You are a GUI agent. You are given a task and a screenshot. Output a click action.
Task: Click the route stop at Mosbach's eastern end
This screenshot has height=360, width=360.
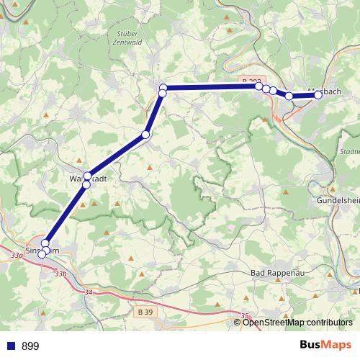(x=318, y=94)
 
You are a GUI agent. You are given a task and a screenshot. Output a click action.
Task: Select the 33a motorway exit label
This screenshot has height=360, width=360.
(x=17, y=255)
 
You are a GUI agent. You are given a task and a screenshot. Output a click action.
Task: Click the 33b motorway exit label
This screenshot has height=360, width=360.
(x=60, y=274)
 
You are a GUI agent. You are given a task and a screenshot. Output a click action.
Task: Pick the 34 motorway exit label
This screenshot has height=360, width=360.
(x=89, y=292)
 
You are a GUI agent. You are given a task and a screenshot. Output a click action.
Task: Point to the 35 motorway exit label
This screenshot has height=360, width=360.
(x=245, y=315)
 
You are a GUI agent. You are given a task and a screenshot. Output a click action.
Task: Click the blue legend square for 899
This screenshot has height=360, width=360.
(x=11, y=346)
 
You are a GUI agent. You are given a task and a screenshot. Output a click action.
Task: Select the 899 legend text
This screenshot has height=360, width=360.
(x=30, y=346)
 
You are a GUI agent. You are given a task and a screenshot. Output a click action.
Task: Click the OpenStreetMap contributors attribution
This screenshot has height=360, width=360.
(x=297, y=322)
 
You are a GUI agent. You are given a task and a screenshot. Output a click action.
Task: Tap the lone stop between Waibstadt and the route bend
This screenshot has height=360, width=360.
(x=145, y=135)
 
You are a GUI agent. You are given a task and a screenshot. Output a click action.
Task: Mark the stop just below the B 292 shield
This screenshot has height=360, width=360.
(x=258, y=86)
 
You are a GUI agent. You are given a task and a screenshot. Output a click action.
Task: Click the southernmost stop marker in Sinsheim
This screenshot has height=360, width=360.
(x=41, y=254)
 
